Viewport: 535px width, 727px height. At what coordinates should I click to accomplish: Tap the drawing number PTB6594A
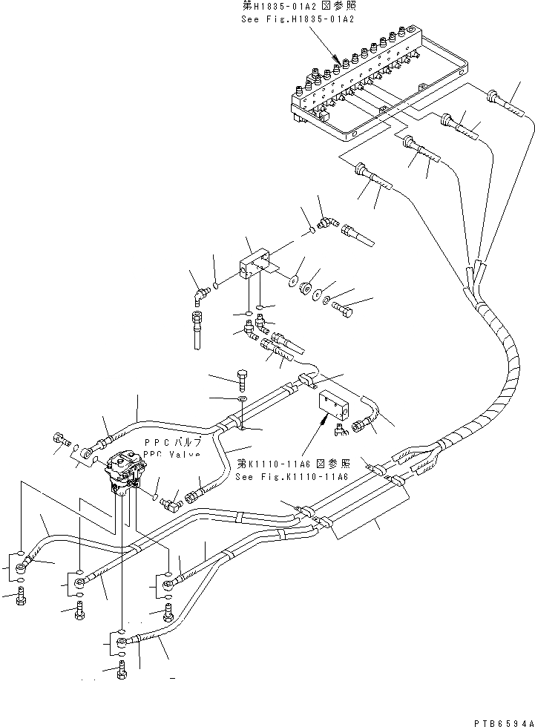click(501, 721)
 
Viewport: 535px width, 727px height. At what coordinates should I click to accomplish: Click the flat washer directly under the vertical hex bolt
click(242, 401)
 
